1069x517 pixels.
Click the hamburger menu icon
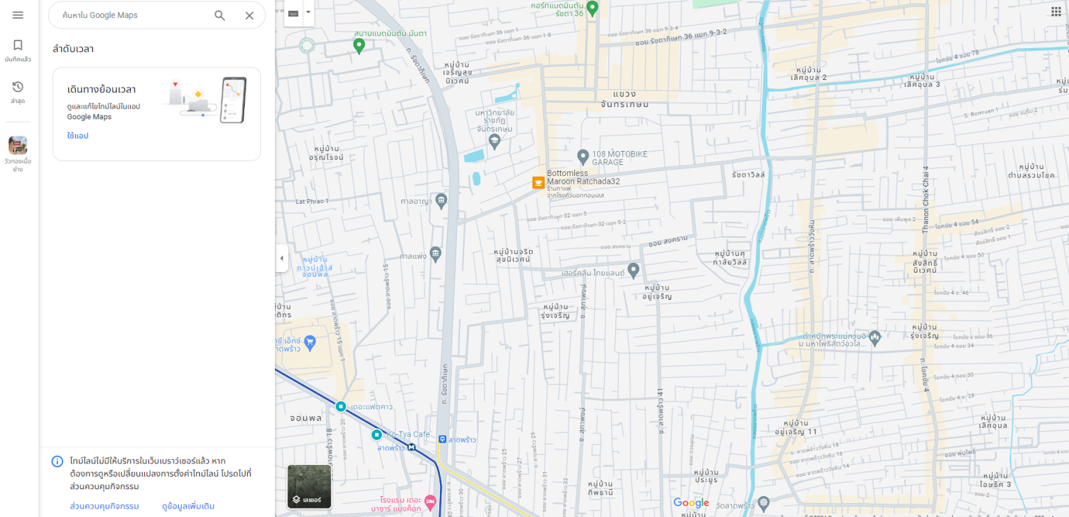17,15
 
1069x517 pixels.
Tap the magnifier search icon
220,15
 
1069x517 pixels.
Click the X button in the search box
249,15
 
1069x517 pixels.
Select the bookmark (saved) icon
17,45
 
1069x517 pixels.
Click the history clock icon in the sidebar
17,87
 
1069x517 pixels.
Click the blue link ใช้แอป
78,136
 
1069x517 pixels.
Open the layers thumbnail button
310,486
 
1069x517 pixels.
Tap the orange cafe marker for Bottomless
538,182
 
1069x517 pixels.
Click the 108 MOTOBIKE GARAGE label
619,157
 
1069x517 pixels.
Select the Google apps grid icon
1056,13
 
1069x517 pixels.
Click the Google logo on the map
691,503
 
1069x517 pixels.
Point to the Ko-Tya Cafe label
408,434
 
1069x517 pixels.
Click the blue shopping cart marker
310,342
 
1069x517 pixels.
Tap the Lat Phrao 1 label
312,201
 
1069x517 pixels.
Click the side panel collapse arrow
281,258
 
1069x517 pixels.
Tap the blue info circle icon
58,461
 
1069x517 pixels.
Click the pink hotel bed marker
430,501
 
